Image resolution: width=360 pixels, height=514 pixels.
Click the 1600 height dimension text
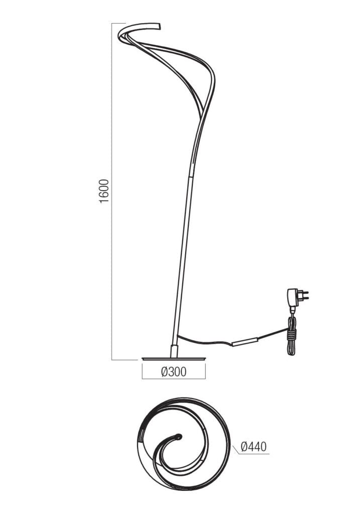104,191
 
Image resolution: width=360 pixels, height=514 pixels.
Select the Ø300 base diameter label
174,372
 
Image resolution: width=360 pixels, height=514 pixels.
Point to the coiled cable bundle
291,336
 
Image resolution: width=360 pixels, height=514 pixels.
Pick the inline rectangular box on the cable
244,342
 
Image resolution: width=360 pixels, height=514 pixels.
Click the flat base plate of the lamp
174,358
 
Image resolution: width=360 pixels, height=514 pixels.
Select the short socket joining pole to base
174,350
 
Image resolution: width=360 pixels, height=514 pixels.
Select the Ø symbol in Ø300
164,372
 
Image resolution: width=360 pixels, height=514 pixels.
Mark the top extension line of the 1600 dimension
118,23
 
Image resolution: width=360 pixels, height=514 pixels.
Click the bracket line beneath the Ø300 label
174,378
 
